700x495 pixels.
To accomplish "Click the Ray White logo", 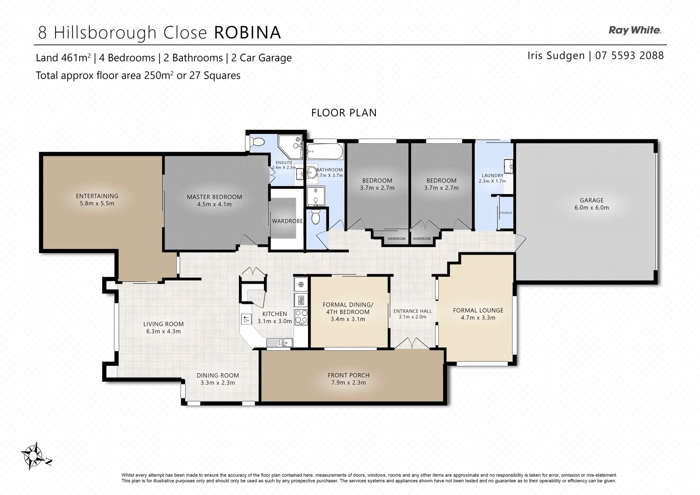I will pos(634,30).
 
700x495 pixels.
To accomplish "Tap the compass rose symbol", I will pos(33,455).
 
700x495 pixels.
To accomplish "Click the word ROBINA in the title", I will pos(248,33).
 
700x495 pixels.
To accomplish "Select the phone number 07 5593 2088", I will pos(629,55).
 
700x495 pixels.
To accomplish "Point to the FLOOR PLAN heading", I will pos(344,113).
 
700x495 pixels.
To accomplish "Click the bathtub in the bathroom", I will pos(325,150).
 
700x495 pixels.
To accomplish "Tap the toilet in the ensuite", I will pos(257,142).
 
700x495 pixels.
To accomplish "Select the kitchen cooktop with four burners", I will pos(301,316).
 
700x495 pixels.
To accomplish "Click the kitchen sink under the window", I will pos(279,342).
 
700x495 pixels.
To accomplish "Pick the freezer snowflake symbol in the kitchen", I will pos(301,285).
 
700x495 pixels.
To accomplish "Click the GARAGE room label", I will pos(591,200).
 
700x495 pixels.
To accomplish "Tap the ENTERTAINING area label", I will pos(97,196).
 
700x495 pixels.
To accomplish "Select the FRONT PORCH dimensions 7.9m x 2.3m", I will pos(348,382).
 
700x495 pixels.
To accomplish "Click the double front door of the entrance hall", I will pos(412,343).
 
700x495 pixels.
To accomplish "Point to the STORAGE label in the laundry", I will pos(506,213).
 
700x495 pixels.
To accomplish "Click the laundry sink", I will pos(508,165).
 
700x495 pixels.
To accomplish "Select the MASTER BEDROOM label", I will pos(214,197).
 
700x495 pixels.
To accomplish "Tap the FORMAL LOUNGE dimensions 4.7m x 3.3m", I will pos(478,318).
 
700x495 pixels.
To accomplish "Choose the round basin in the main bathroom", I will pos(311,173).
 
